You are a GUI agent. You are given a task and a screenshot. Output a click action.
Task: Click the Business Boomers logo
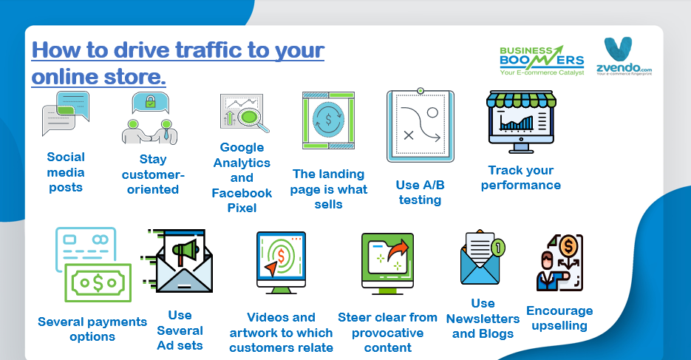click(x=542, y=61)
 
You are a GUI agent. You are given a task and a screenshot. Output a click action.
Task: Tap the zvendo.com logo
click(x=624, y=56)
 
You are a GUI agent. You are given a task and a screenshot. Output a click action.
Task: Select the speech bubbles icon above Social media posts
click(x=66, y=113)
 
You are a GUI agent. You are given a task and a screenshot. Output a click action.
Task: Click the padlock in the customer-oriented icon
click(x=150, y=101)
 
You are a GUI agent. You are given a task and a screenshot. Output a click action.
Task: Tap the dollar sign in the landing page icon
click(x=328, y=120)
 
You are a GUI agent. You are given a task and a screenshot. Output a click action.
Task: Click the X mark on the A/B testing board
click(x=409, y=135)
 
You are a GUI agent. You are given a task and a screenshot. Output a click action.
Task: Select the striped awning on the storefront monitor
click(x=521, y=100)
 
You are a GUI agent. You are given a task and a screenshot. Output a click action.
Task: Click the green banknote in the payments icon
click(x=98, y=283)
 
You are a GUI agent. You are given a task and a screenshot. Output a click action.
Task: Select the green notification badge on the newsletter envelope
click(x=498, y=248)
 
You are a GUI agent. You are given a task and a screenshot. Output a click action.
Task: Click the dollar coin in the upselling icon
click(x=568, y=246)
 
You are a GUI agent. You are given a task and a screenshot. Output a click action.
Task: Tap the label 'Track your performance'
click(x=521, y=177)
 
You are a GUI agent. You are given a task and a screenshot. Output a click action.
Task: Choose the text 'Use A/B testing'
click(x=420, y=192)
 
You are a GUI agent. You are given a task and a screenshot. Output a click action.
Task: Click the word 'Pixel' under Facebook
click(x=242, y=208)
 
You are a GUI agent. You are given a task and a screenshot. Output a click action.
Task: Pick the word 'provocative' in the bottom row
click(x=388, y=333)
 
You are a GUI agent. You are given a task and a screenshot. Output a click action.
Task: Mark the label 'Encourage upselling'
click(x=559, y=318)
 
